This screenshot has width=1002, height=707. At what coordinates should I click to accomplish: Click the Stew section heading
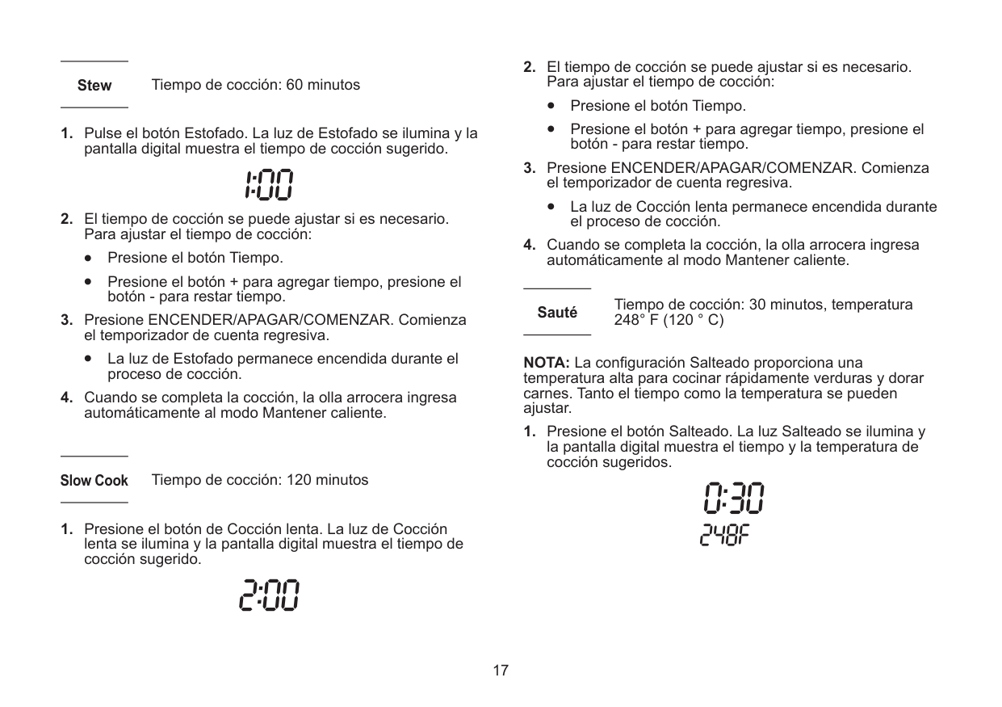coord(94,85)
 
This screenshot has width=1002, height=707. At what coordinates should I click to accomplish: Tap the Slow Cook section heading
coord(94,481)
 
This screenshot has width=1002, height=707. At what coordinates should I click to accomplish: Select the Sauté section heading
coord(557,313)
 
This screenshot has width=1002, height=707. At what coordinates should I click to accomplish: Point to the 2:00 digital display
coord(268,596)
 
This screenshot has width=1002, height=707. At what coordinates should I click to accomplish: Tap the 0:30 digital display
coord(732,499)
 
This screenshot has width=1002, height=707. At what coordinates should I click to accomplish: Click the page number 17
coord(501,671)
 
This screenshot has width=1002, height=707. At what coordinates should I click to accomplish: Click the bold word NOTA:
coord(547,360)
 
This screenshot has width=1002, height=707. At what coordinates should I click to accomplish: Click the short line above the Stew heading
coord(94,61)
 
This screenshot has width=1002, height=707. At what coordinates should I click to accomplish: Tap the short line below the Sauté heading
coord(557,334)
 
